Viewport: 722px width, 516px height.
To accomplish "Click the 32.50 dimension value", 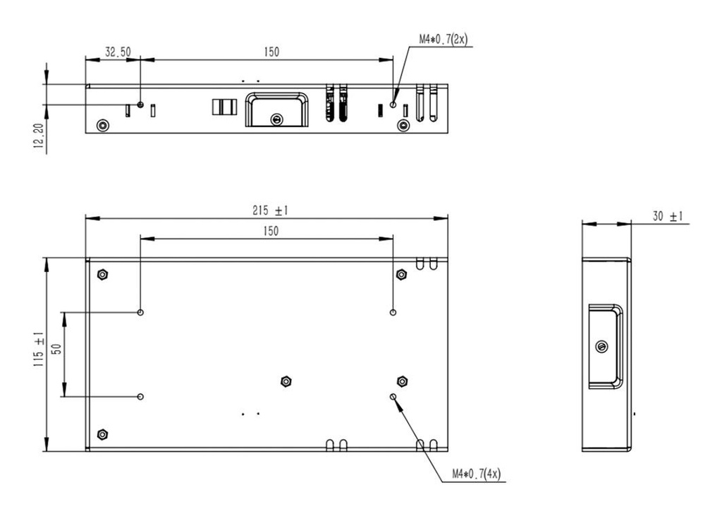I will (118, 52).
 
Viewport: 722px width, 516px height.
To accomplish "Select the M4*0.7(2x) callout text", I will (443, 40).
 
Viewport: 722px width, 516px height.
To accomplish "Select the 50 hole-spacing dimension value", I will (57, 349).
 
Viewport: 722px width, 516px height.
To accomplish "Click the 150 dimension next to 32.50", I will (271, 52).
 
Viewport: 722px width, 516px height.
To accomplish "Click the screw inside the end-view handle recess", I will (601, 347).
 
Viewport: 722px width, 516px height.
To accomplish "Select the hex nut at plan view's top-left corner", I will (103, 274).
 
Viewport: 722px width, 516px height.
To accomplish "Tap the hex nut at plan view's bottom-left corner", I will (103, 433).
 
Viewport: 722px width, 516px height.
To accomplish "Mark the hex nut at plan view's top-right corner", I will (402, 274).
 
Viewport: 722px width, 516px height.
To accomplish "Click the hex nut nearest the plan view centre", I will (286, 381).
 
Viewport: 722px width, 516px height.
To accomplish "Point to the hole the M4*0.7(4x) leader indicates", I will (393, 397).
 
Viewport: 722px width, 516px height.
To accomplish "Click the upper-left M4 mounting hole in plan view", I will (141, 312).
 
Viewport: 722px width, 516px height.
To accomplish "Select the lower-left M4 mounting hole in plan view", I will (141, 397).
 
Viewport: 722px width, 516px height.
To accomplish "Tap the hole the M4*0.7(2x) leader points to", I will (393, 104).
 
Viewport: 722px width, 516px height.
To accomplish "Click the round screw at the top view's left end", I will (103, 126).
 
